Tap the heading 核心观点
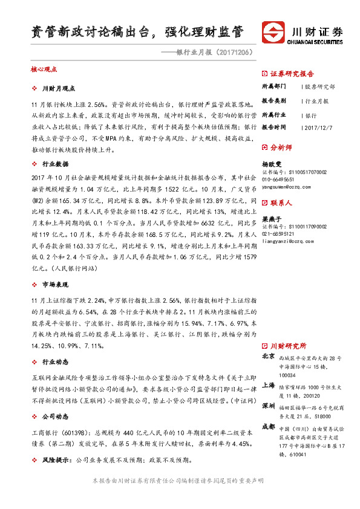(x=44, y=70)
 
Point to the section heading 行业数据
(x=55, y=164)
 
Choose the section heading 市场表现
(x=55, y=284)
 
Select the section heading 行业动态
(x=55, y=362)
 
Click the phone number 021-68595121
(x=278, y=234)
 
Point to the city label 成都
(x=269, y=426)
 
